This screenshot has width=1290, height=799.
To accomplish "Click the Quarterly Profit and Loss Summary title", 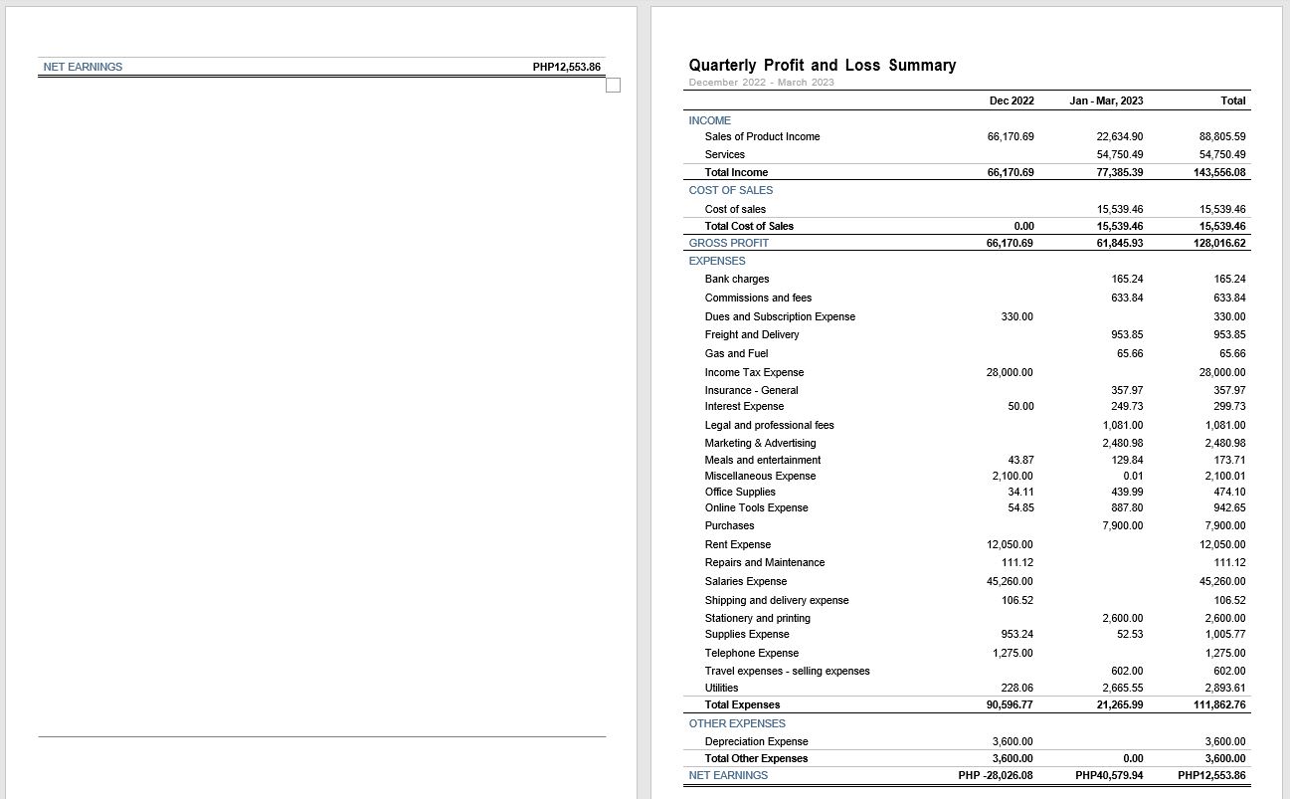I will [822, 66].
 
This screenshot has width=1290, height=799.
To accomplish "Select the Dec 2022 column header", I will [1012, 100].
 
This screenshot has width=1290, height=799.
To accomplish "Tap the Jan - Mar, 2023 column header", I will [1106, 100].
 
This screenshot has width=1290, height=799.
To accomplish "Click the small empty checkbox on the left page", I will [613, 85].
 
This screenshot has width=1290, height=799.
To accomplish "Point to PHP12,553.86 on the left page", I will [566, 67].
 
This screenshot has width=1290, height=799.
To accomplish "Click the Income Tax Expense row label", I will [754, 372].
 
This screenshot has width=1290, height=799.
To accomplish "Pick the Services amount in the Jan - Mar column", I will [1120, 154].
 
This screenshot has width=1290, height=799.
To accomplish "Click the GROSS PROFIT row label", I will [728, 243].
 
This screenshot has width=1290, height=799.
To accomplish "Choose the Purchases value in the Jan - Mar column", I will [1122, 525].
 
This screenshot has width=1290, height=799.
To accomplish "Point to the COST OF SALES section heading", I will [730, 190].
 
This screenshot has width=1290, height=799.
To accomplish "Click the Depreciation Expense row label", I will [756, 741].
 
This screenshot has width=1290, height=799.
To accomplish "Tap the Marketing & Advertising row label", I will [760, 443].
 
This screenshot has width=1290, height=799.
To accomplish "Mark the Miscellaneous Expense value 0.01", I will [1133, 476].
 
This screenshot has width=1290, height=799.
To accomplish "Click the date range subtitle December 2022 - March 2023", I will [761, 83].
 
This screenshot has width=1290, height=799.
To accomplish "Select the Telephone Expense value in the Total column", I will [1223, 653].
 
